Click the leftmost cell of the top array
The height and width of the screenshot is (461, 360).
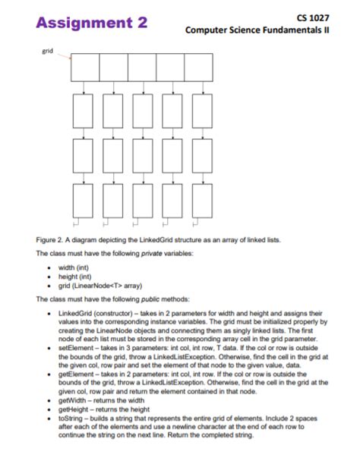coord(84,67)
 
